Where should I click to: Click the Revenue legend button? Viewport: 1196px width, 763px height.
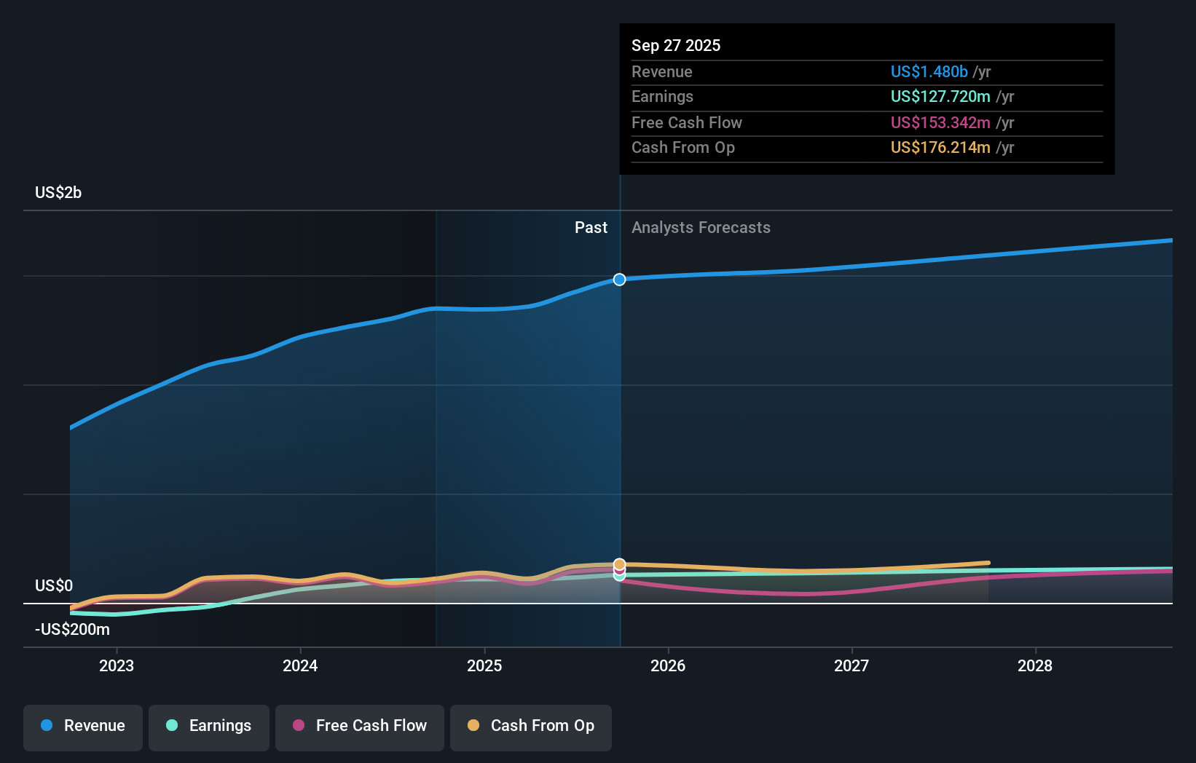click(83, 726)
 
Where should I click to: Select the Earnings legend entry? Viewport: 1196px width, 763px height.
click(209, 726)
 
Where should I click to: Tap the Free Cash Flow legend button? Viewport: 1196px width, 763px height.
click(360, 726)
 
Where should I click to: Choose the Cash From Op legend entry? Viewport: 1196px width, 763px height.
click(531, 726)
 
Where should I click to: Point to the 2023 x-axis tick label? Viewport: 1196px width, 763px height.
click(117, 665)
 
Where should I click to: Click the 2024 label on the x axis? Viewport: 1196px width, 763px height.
click(300, 665)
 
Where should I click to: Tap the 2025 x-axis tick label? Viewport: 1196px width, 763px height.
click(484, 665)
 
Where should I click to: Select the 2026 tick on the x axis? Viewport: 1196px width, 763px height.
click(668, 665)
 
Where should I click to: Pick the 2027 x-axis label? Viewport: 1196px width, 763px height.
click(851, 665)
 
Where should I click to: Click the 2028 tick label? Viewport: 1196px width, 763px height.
click(1035, 665)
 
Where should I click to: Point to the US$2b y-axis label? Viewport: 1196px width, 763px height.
click(58, 192)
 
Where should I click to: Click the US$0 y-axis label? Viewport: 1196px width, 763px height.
click(54, 585)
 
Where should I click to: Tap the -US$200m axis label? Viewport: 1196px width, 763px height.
click(72, 629)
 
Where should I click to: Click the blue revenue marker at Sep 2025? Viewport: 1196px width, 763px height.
click(619, 280)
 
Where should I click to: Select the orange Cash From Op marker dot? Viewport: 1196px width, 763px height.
click(619, 564)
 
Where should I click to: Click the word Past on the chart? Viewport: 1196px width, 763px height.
click(591, 227)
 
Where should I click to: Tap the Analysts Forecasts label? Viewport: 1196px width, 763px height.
click(701, 227)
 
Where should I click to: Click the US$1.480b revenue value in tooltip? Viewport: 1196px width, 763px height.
click(929, 71)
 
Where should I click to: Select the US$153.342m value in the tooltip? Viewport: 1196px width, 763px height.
click(940, 122)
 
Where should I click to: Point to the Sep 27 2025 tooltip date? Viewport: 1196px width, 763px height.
click(676, 45)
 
